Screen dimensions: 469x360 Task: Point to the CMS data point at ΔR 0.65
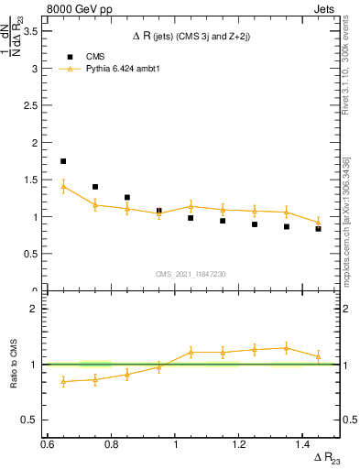pyautogui.click(x=63, y=161)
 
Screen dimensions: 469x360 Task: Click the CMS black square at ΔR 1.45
pyautogui.click(x=319, y=229)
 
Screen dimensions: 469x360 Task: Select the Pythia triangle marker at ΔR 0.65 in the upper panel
pyautogui.click(x=63, y=186)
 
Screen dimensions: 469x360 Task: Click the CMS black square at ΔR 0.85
pyautogui.click(x=127, y=197)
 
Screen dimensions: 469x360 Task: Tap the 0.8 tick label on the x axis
pyautogui.click(x=112, y=443)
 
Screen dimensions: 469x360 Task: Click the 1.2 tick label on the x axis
pyautogui.click(x=240, y=443)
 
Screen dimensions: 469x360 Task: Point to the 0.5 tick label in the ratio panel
pyautogui.click(x=30, y=420)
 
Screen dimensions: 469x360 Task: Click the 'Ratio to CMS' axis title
pyautogui.click(x=13, y=365)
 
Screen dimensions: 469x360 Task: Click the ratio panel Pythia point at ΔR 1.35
pyautogui.click(x=287, y=348)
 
